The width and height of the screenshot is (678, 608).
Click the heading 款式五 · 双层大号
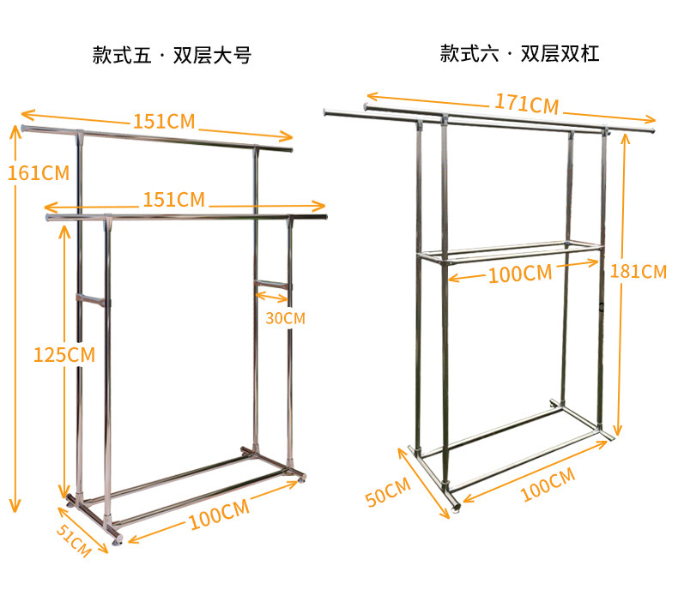point(172,57)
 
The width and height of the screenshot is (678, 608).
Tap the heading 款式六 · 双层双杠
point(519,54)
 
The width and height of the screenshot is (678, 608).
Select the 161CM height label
point(37,173)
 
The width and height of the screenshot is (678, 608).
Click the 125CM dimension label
point(64,353)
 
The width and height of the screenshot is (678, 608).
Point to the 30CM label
point(285,318)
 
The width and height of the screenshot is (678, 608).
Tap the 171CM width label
point(526,104)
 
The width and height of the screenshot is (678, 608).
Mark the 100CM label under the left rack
point(219,514)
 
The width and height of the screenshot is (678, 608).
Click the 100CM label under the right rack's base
point(547,485)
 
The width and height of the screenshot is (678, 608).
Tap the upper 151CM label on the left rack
point(163,121)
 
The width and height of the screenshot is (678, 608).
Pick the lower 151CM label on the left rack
point(173,200)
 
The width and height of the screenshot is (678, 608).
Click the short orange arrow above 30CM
point(273,298)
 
